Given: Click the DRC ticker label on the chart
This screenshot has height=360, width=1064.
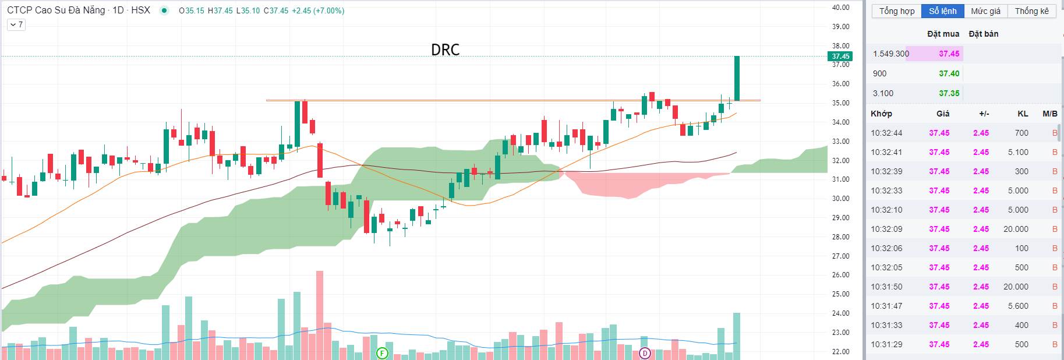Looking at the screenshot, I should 445,50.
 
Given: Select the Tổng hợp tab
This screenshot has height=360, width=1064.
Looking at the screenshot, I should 897,11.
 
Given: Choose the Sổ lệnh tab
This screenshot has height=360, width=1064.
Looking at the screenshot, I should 942,11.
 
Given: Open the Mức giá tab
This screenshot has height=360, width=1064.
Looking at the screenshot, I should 985,11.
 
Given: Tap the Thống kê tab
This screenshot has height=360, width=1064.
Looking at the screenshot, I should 1031,11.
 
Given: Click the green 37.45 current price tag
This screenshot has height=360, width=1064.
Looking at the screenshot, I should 840,57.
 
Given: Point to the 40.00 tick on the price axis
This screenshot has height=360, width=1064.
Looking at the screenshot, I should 840,8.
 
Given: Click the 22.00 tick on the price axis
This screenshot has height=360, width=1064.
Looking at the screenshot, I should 840,352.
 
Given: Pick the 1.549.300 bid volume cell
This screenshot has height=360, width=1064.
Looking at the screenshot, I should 890,54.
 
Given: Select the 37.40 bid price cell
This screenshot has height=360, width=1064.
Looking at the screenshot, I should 949,73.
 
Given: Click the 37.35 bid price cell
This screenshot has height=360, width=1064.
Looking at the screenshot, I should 949,93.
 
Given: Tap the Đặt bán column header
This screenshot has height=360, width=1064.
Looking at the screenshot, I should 983,34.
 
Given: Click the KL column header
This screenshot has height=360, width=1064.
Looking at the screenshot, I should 1023,114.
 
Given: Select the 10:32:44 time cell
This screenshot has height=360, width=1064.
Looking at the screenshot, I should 886,133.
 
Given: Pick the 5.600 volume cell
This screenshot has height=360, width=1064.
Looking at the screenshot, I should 1018,306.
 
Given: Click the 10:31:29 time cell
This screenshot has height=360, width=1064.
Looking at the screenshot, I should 886,344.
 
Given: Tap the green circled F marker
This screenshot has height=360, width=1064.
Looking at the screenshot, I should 382,353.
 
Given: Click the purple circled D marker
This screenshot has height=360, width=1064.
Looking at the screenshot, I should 645,353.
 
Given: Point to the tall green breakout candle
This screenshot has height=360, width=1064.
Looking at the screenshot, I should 737,78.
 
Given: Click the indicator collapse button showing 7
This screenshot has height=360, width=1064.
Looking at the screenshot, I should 16,24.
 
